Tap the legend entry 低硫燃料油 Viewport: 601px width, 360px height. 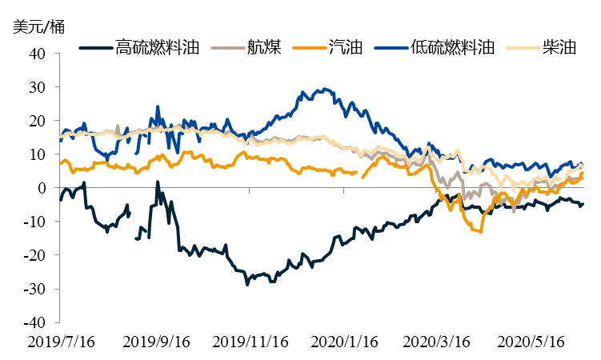[451, 46]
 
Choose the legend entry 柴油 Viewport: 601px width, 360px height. [559, 46]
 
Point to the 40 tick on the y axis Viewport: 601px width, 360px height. [40, 54]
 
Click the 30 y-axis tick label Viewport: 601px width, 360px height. [40, 87]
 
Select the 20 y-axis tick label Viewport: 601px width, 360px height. [40, 121]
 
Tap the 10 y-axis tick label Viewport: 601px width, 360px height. [40, 154]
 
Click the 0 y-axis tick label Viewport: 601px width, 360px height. [44, 188]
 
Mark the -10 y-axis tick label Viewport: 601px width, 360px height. [37, 222]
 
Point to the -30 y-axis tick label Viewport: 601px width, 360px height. [37, 289]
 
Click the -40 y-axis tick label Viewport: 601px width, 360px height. [37, 322]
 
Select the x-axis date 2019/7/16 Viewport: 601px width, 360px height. [60, 342]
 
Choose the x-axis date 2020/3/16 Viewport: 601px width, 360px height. [438, 342]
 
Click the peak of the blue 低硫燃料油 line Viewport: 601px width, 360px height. [323, 89]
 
